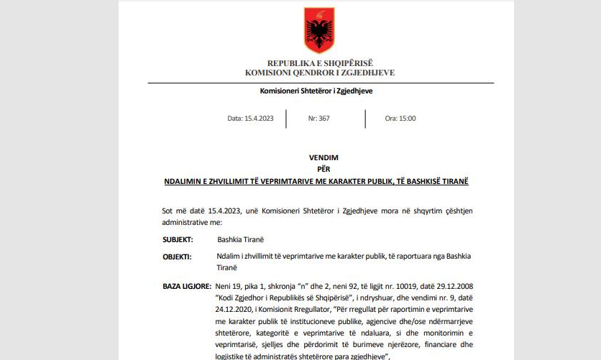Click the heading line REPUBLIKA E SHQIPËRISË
[320, 63]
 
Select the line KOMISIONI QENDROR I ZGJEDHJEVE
[320, 73]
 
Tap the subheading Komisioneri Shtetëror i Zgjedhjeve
[320, 91]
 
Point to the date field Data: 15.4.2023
[250, 119]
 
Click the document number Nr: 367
[319, 119]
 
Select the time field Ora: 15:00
[400, 119]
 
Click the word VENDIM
[319, 157]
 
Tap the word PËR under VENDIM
[319, 169]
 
